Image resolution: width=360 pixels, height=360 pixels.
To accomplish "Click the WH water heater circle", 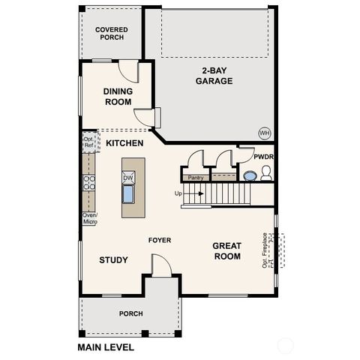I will click(264, 132).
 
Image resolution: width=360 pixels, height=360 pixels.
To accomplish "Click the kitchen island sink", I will click(128, 195).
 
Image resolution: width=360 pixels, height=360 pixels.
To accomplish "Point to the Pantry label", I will click(196, 178).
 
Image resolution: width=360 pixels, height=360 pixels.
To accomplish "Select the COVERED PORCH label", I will click(111, 33).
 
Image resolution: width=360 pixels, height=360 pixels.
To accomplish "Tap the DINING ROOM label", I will click(117, 96).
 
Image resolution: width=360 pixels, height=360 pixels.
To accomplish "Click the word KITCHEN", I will click(124, 142).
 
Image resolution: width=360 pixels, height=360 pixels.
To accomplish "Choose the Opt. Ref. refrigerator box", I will click(88, 141).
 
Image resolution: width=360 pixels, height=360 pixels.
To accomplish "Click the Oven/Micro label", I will click(89, 218).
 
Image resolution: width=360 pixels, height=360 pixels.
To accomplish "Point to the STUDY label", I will click(113, 260).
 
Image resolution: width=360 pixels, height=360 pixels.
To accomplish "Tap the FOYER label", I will click(159, 241).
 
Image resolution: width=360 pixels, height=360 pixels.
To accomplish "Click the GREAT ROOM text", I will click(226, 250).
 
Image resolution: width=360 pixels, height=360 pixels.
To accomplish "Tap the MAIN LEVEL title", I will click(106, 348).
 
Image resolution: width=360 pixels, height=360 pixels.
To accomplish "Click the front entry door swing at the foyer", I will click(160, 265).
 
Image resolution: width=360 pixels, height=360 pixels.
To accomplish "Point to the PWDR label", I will click(263, 157).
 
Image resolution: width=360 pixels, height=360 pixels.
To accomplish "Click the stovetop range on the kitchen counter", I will click(88, 183).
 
